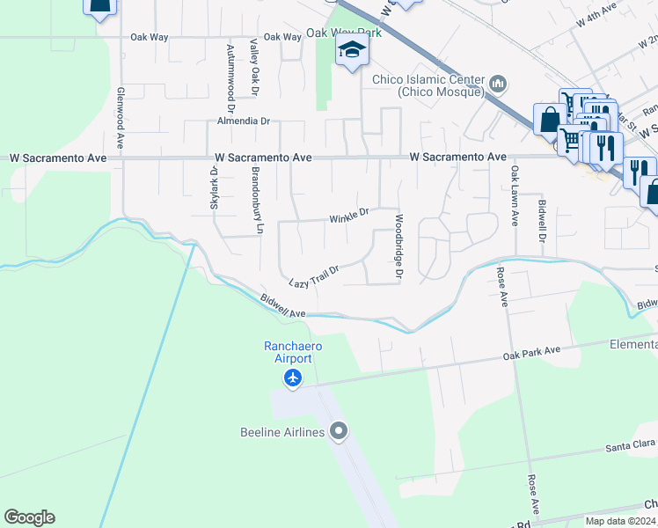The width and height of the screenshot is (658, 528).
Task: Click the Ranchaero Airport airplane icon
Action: [x=293, y=378]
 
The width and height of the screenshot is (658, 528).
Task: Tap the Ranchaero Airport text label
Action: [x=289, y=352]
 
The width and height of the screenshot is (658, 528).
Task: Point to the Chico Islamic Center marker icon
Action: [x=499, y=84]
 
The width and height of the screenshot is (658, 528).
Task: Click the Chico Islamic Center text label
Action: [x=428, y=85]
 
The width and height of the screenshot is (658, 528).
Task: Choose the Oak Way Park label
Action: [x=343, y=33]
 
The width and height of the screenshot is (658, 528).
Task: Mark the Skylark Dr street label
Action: [x=214, y=188]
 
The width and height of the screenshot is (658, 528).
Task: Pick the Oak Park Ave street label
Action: [x=531, y=352]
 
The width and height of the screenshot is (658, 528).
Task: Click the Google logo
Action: [x=29, y=517]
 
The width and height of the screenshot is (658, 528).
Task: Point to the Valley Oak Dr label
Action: [x=253, y=66]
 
